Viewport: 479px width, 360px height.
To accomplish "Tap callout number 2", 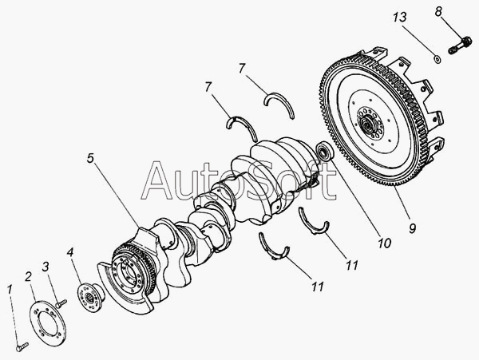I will click(28, 276).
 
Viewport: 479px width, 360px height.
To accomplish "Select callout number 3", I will click(46, 266).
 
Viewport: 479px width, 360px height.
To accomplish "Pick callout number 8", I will click(437, 11).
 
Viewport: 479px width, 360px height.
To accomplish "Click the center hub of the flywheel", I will click(369, 126).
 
